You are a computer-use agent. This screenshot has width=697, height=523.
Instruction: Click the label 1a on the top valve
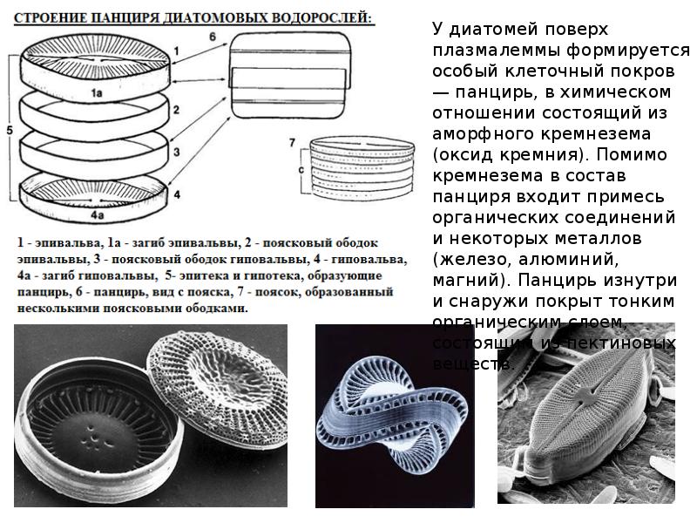coord(100,91)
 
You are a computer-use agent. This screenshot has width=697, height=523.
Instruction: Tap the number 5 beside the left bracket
coord(8,128)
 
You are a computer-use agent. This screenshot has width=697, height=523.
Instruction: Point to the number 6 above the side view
coord(212,37)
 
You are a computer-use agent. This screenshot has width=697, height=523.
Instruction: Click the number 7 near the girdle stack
coord(294,142)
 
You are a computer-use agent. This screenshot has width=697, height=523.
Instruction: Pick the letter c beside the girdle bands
coord(301,168)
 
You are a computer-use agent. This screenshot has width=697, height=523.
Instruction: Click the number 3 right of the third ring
coord(176,152)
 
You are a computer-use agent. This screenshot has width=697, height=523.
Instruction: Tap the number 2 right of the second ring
coord(176,110)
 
